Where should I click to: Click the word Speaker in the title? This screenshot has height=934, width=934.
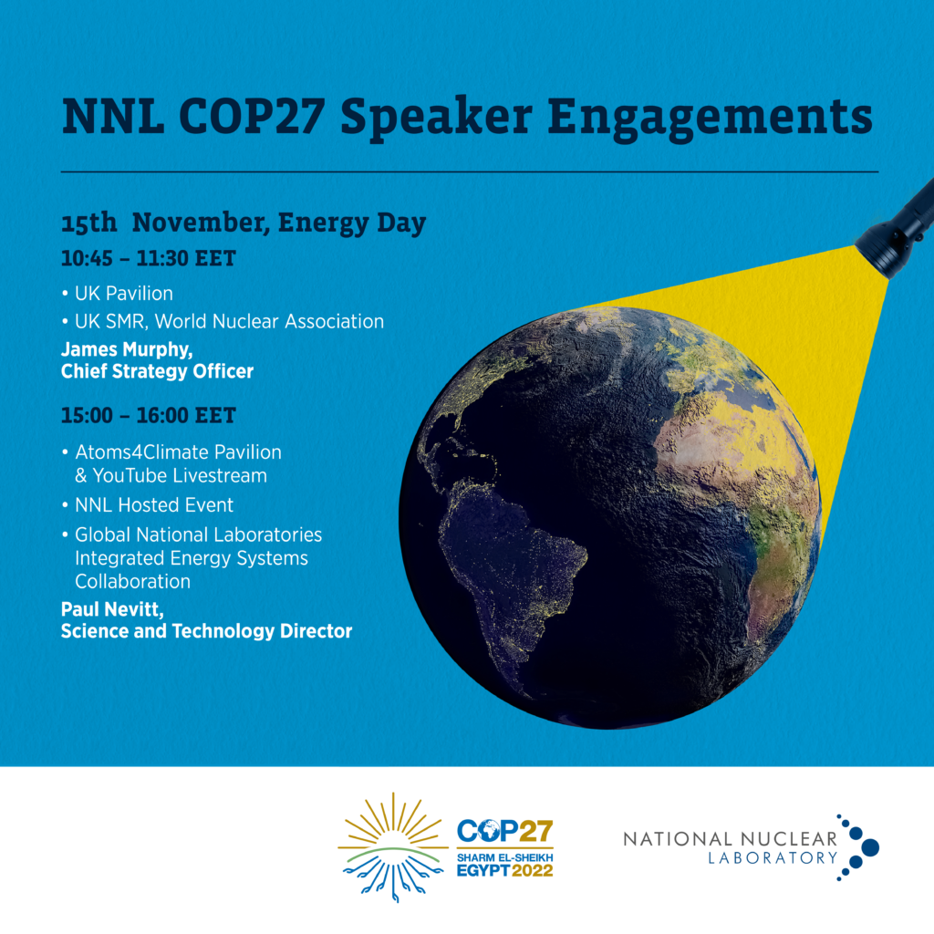[436, 118]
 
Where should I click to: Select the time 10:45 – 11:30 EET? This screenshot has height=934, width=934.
[149, 258]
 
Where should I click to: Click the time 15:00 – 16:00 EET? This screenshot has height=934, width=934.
[149, 415]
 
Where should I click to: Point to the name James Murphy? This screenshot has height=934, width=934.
[127, 349]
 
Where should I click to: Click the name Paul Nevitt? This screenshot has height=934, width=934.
[112, 610]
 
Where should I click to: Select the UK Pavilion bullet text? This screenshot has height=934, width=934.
[124, 293]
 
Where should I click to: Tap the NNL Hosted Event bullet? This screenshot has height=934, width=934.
[153, 505]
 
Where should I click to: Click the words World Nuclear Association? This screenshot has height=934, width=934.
[269, 322]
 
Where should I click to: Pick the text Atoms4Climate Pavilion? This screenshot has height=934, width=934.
[178, 452]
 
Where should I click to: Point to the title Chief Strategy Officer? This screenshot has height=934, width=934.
[157, 372]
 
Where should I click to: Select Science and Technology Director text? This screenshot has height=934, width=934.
[207, 631]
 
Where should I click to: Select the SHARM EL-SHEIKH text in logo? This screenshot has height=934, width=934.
[505, 857]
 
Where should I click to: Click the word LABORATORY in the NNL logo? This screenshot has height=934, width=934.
[773, 857]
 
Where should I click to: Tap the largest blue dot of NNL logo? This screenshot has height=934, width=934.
[870, 847]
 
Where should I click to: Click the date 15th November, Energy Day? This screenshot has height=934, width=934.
[244, 223]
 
